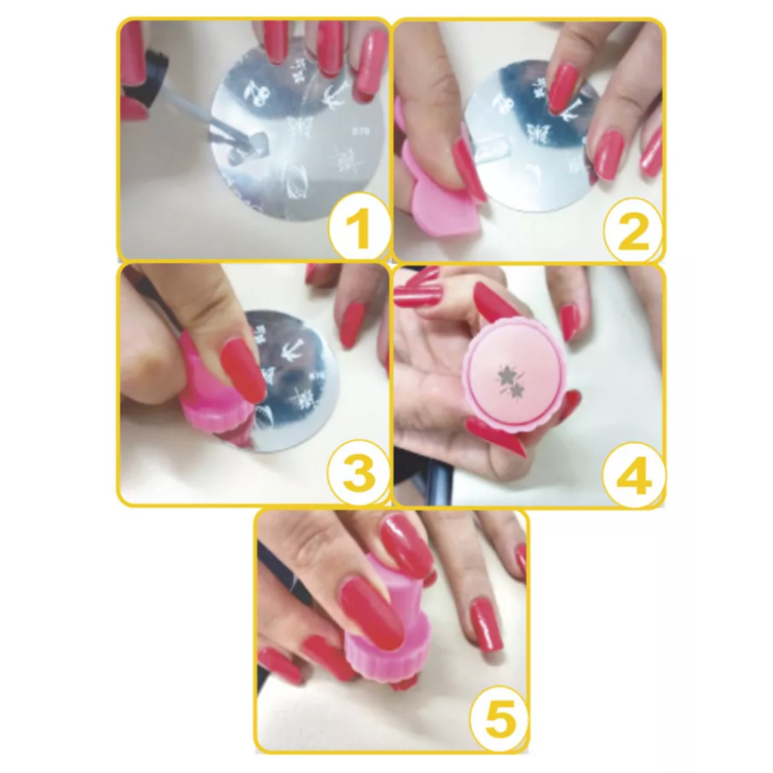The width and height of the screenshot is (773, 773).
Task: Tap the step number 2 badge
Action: [633, 229]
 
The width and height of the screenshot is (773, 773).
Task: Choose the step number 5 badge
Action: [498, 721]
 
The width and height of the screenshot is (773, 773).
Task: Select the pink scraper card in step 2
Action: [440, 192]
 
